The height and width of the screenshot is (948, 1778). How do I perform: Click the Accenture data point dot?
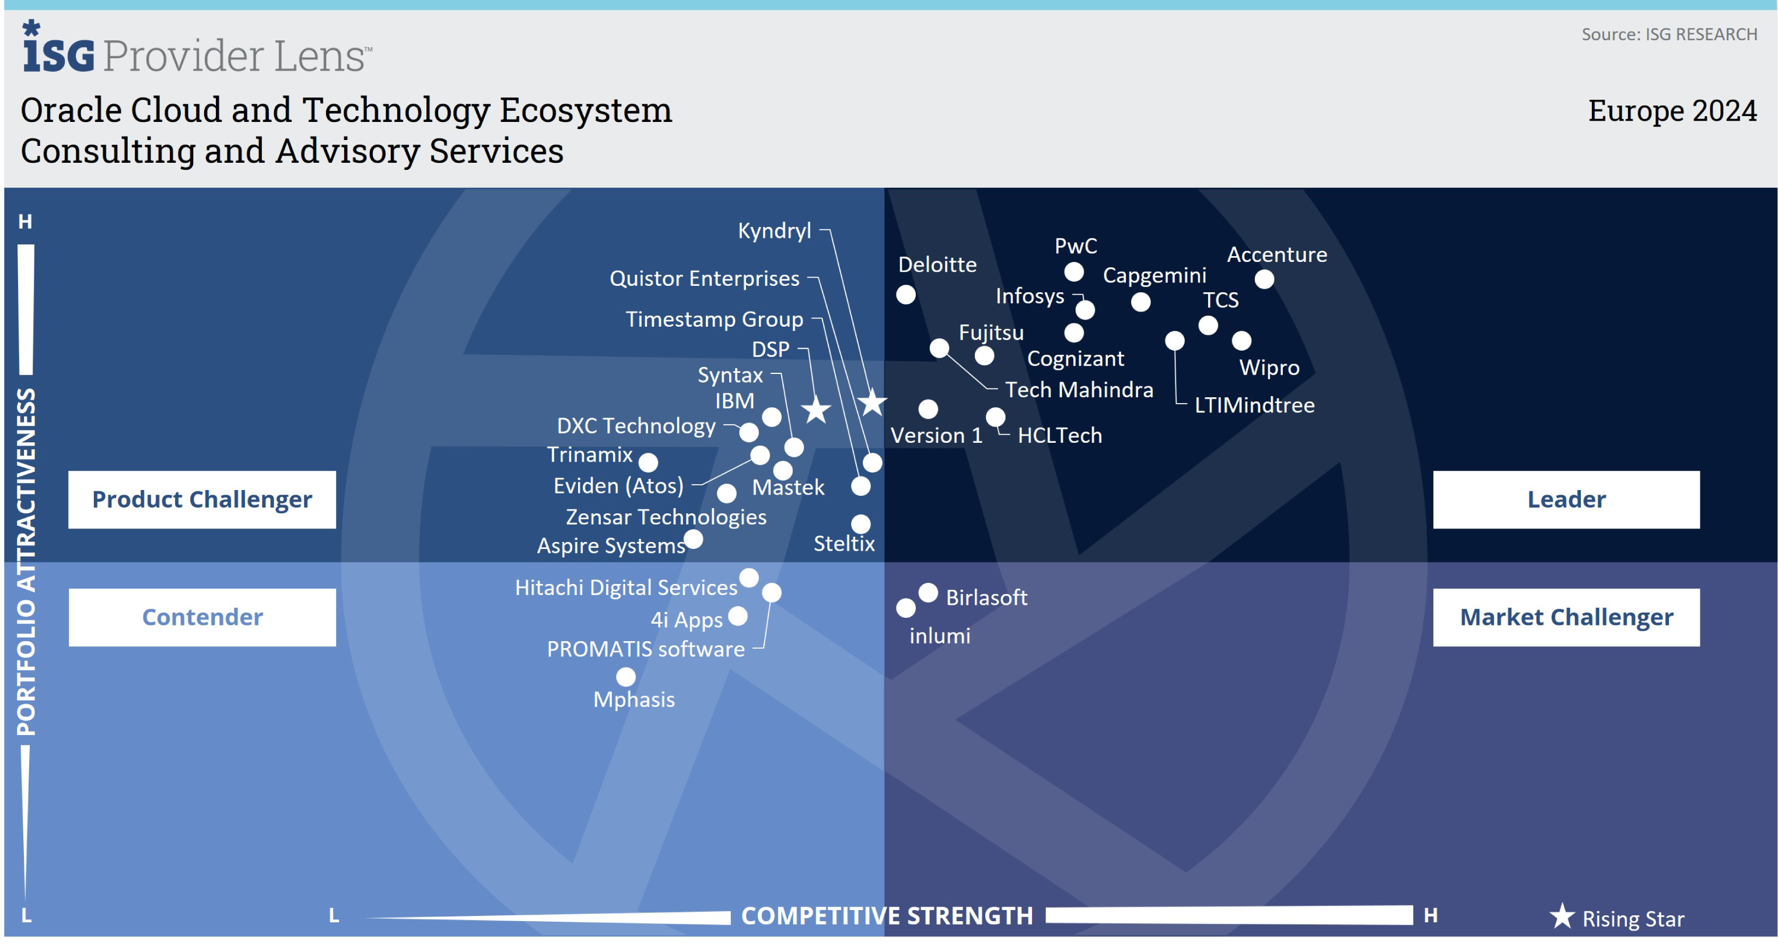(x=1263, y=279)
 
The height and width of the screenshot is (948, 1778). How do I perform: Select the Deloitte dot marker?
(x=905, y=295)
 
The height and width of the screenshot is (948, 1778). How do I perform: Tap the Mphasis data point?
(x=625, y=677)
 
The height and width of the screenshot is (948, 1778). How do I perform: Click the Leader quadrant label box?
(x=1566, y=499)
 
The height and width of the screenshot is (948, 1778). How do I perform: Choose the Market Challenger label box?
(x=1566, y=617)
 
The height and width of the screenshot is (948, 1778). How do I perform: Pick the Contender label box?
(x=202, y=617)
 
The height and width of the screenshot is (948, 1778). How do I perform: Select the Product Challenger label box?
(x=202, y=499)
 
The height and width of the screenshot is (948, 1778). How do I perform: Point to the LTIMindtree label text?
(x=1254, y=405)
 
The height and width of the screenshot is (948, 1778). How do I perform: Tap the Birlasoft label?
(x=986, y=597)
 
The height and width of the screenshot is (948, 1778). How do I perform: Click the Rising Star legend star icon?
(x=1561, y=917)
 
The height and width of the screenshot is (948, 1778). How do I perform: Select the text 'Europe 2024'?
(x=1672, y=110)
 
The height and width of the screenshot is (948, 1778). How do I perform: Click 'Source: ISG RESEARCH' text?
(x=1669, y=34)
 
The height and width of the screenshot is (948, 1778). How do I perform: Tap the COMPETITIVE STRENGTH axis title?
(x=887, y=915)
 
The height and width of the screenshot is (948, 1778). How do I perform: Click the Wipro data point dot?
(x=1241, y=340)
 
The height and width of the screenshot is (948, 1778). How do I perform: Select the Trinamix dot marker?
(x=648, y=462)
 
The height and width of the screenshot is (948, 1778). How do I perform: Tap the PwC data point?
(x=1073, y=272)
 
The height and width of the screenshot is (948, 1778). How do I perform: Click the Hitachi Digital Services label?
(x=626, y=587)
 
